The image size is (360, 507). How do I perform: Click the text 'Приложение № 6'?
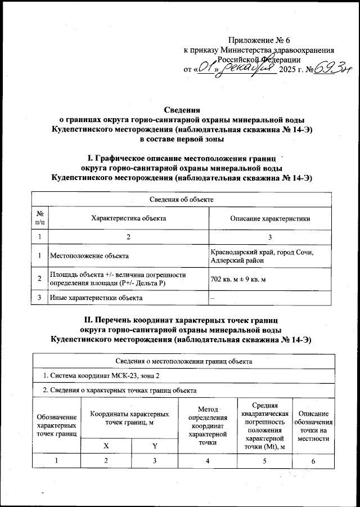pos(259,40)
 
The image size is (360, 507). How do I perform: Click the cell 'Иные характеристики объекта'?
pos(96,297)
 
